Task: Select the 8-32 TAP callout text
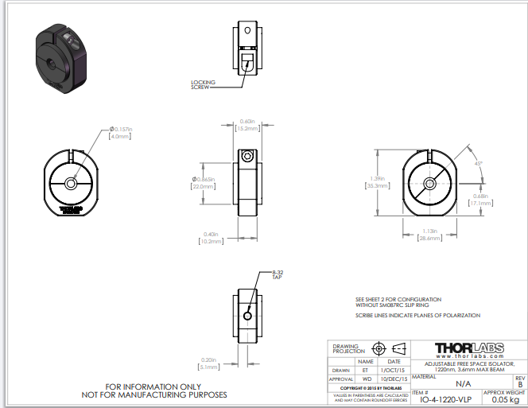pos(278,275)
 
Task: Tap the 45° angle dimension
pos(478,163)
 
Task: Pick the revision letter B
pos(519,383)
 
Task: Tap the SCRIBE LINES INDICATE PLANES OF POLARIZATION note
pos(417,316)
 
